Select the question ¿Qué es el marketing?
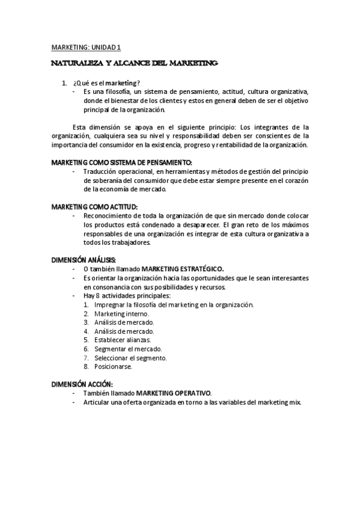coord(106,82)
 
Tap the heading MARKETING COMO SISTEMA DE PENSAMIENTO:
coord(121,162)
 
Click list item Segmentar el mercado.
coord(124,348)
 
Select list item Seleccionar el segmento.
coord(126,357)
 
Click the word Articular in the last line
coord(97,401)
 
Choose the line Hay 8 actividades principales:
coord(127,295)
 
